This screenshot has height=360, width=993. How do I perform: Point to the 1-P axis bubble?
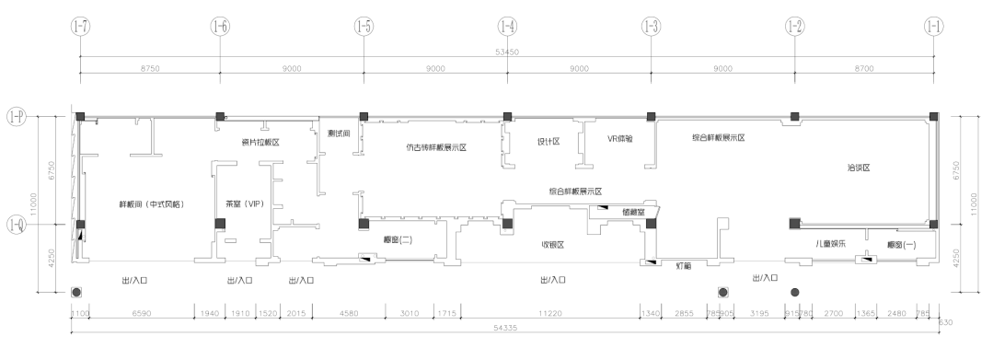[16, 116]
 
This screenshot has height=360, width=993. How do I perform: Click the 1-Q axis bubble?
[16, 224]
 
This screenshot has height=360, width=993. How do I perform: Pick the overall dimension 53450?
[506, 52]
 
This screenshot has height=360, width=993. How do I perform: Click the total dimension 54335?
[506, 327]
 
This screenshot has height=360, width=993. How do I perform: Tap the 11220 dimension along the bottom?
[551, 313]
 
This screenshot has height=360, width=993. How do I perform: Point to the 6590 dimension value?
[142, 313]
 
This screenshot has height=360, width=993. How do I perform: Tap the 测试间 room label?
[340, 133]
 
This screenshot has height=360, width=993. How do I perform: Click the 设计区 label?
[548, 141]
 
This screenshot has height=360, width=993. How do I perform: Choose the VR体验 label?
[621, 139]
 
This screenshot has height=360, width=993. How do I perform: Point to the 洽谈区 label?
[858, 168]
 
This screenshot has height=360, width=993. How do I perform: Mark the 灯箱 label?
[682, 266]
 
